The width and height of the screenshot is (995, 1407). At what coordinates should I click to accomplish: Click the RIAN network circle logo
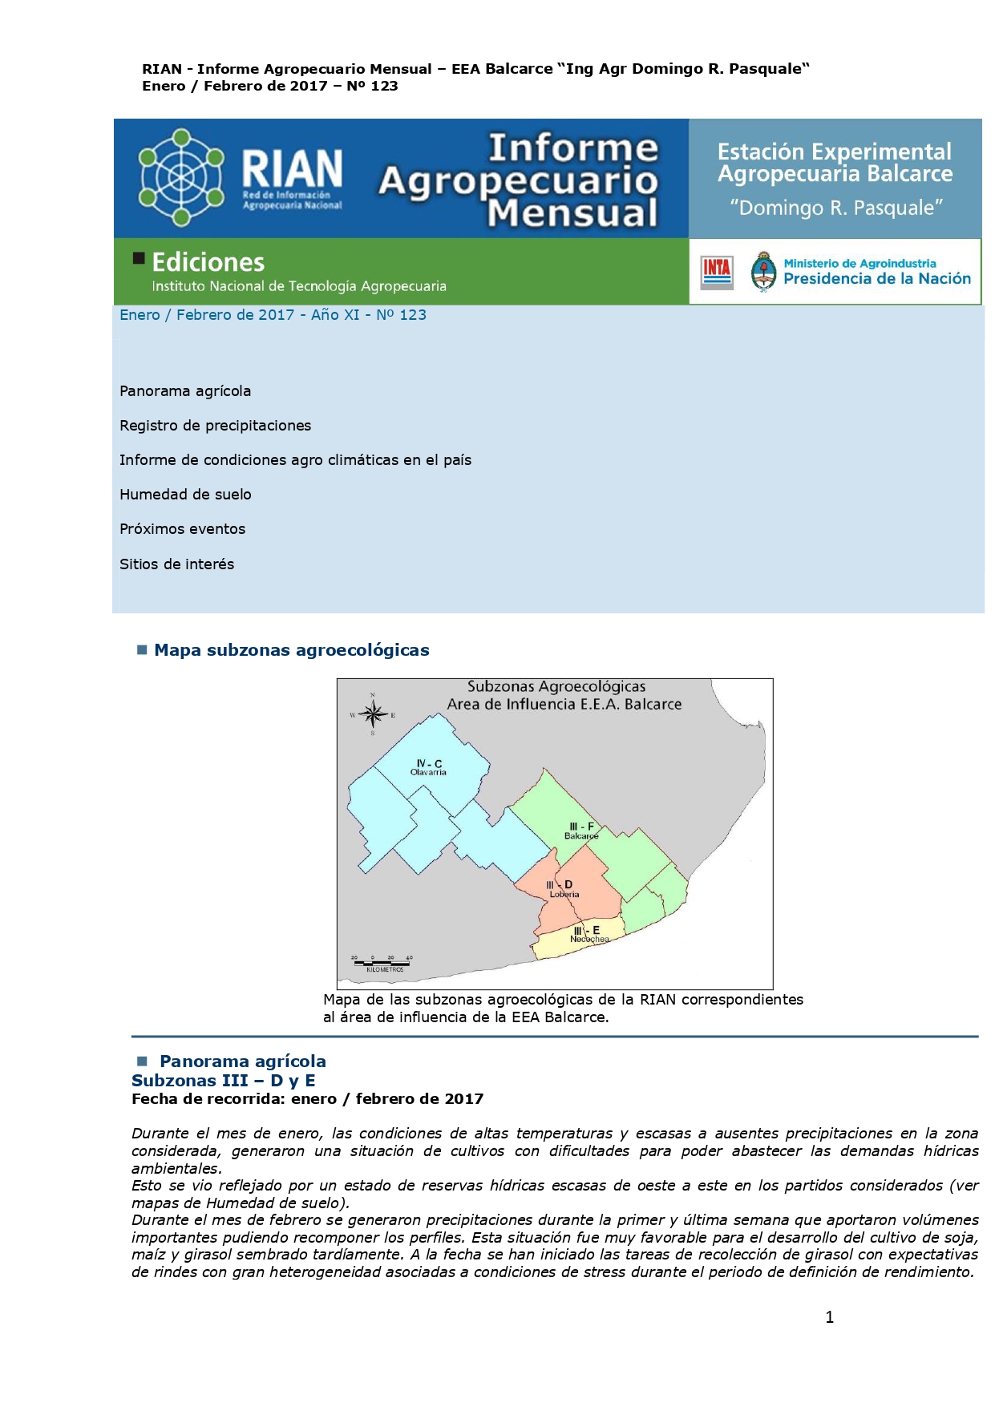pos(181,177)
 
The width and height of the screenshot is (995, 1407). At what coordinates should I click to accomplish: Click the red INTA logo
pos(717,272)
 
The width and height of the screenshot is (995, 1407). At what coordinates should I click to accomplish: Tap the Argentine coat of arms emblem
pos(763,272)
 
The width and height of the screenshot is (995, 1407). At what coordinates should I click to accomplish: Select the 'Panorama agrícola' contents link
pos(185,391)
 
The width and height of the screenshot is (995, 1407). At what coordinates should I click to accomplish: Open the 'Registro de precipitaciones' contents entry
pos(215,426)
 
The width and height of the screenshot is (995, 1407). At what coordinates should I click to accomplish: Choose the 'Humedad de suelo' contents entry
pos(185,495)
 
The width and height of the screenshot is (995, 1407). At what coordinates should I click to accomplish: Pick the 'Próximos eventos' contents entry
pos(182,529)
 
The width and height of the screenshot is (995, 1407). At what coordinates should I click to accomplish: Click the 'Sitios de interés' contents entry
pos(176,564)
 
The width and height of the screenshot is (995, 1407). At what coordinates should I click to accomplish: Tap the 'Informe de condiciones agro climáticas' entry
pos(295,460)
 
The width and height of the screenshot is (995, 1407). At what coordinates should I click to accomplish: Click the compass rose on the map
pos(372,714)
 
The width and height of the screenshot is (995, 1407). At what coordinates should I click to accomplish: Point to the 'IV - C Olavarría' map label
pos(428,768)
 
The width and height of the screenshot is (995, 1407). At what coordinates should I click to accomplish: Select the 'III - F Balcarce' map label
pos(581,831)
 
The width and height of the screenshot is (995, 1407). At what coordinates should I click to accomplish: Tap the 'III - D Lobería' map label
pos(563,889)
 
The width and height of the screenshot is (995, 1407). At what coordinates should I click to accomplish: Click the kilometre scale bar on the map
pos(382,963)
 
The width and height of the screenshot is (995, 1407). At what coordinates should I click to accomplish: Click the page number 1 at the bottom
pos(829,1317)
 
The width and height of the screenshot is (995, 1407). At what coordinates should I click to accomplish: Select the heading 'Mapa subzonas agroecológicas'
pos(291,650)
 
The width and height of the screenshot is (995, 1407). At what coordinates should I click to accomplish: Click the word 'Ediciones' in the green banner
pos(208,262)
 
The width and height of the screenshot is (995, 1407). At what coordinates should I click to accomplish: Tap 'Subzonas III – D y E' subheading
pos(223,1081)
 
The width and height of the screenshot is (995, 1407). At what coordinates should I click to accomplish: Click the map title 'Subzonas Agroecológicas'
pos(556,686)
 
